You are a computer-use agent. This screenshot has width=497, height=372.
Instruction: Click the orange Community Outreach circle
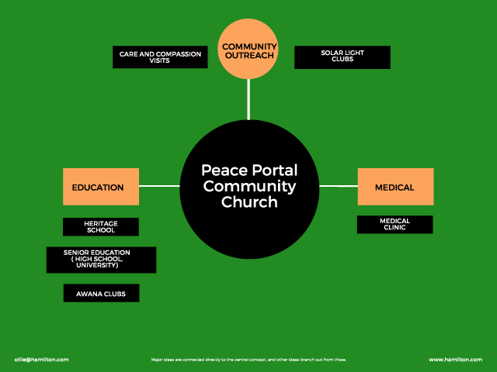pyautogui.click(x=249, y=50)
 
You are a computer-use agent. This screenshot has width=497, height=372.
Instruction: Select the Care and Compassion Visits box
pyautogui.click(x=160, y=57)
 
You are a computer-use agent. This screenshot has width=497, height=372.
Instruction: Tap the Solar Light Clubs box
pyautogui.click(x=342, y=57)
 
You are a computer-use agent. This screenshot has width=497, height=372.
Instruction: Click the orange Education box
pyautogui.click(x=100, y=187)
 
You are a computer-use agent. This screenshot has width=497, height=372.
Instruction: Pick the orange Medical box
pyautogui.click(x=394, y=187)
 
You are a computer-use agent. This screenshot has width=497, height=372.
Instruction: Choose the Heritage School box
pyautogui.click(x=100, y=226)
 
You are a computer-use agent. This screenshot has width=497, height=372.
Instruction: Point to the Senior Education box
pyautogui.click(x=101, y=260)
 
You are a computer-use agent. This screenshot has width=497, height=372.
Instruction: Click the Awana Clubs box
pyautogui.click(x=101, y=293)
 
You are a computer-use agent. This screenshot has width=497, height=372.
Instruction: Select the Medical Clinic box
pyautogui.click(x=394, y=224)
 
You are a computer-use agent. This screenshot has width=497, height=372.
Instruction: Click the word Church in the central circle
pyautogui.click(x=249, y=202)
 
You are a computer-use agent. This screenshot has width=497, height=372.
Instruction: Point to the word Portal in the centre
pyautogui.click(x=273, y=170)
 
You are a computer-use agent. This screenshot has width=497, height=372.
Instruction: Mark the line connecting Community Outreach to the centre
pyautogui.click(x=248, y=99)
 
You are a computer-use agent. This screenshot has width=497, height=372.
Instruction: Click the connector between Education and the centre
pyautogui.click(x=159, y=186)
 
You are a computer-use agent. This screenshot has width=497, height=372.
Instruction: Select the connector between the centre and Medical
pyautogui.click(x=339, y=186)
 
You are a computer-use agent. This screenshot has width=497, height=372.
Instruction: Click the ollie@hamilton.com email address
pyautogui.click(x=41, y=360)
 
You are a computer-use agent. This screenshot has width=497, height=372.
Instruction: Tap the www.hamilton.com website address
pyautogui.click(x=455, y=360)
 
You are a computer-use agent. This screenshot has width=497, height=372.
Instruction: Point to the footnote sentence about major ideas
pyautogui.click(x=248, y=360)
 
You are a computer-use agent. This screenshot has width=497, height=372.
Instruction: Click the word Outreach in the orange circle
pyautogui.click(x=249, y=56)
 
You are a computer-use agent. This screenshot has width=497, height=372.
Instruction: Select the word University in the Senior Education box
pyautogui.click(x=101, y=266)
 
